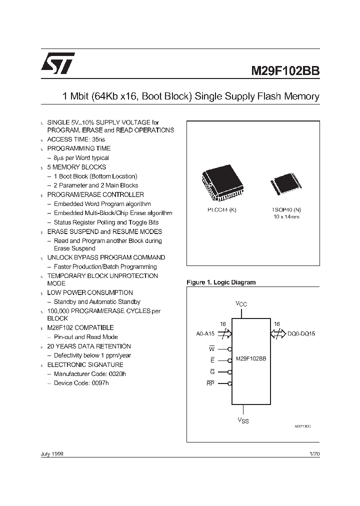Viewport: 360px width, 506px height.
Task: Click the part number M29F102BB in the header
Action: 285,71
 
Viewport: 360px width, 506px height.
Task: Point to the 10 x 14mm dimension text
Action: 286,217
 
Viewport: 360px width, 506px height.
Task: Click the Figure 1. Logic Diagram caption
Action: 221,282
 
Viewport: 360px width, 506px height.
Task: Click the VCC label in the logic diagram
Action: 241,303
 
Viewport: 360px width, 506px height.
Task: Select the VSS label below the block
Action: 242,420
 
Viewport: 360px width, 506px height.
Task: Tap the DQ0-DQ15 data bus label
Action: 301,333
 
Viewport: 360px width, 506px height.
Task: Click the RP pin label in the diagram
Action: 210,383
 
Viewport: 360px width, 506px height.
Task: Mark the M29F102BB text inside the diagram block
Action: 250,359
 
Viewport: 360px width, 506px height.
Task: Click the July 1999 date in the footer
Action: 51,453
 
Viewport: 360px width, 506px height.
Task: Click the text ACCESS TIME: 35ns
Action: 76,139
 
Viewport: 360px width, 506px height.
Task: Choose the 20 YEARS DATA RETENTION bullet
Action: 89,346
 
